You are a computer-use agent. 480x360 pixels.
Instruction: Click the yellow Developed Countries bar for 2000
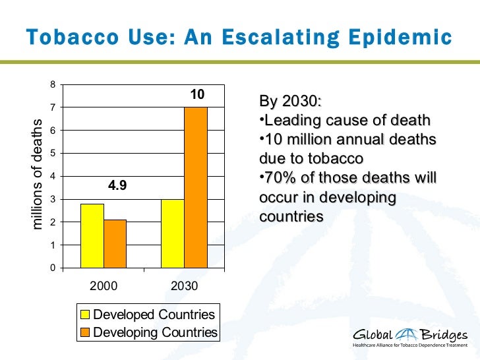point(92,236)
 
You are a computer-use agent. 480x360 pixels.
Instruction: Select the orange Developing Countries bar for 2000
point(115,244)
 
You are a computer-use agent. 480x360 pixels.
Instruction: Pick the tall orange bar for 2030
point(196,187)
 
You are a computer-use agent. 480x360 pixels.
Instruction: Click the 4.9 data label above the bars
point(117,185)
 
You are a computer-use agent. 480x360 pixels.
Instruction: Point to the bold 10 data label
point(196,96)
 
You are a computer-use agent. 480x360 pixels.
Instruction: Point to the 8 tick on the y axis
point(53,84)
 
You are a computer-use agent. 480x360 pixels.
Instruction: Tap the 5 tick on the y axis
point(53,153)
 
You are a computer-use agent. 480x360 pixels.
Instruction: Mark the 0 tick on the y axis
point(53,268)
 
